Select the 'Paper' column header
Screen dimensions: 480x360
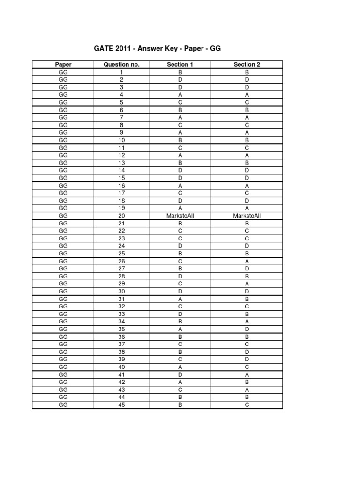(63, 65)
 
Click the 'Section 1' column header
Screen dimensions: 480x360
(180, 65)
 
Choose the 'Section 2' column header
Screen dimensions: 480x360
(247, 65)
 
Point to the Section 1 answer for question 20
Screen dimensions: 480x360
(180, 216)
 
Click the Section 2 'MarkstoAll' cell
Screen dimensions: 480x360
(247, 216)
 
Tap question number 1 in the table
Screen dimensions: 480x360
(121, 72)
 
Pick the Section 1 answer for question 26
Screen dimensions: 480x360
(180, 261)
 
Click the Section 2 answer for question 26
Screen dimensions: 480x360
(247, 261)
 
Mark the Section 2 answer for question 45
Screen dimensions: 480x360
(247, 405)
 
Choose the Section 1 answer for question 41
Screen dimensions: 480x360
(180, 374)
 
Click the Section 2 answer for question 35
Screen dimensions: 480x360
(247, 329)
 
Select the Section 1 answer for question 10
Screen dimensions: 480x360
(180, 140)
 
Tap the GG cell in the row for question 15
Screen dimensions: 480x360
(63, 178)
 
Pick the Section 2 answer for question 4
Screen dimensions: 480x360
(247, 95)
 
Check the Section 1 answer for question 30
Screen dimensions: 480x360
(180, 291)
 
